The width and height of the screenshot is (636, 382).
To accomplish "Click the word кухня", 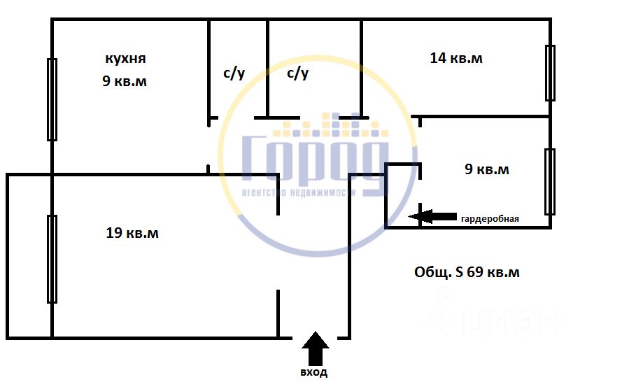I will pos(125,58).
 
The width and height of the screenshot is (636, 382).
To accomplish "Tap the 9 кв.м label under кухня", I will pos(125,81).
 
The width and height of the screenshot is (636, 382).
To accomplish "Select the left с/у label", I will pos(234,73).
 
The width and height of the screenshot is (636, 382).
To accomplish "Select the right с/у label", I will pos(298,73).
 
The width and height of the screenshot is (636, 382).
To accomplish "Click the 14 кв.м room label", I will pos(456,58).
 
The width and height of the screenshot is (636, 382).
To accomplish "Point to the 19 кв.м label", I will pos(132,233).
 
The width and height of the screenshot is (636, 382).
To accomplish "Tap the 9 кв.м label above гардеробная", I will pos(487,169).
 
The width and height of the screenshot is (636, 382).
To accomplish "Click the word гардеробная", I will pos(490,219).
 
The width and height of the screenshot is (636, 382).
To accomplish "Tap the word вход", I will pos(314,373).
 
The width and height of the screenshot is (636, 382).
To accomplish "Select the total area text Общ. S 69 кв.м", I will pos(467,272).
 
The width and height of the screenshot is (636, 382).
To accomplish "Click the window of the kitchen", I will pos(52,100).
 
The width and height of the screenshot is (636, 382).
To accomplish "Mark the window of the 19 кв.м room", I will pos(52,259).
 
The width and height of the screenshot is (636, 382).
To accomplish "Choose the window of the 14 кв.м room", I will pos(550,73).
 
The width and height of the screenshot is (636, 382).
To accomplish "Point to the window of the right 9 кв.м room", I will pos(550,181).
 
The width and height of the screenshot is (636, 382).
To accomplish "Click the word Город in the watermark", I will pos(315,159).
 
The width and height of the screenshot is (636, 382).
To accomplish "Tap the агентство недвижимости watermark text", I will pos(299,192).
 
